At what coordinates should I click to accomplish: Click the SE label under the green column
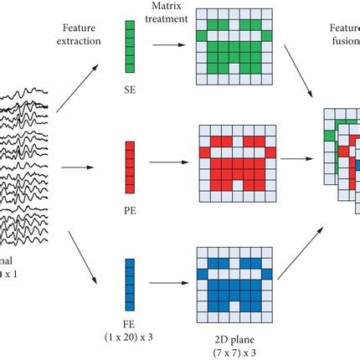129,85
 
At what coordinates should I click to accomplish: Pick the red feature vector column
129,166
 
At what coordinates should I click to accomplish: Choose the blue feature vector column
129,283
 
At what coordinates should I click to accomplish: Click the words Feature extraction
83,33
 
